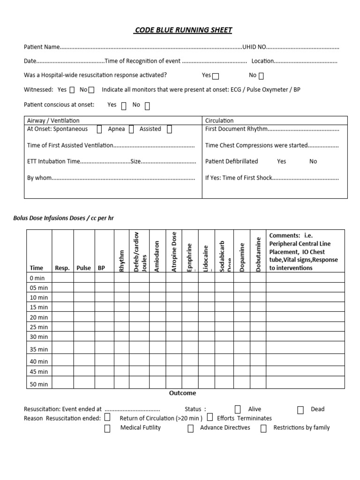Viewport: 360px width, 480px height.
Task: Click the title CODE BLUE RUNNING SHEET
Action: pyautogui.click(x=183, y=30)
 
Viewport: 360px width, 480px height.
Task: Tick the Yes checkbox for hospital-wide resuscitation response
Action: pyautogui.click(x=216, y=76)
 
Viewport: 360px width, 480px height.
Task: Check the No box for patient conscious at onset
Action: pyautogui.click(x=147, y=106)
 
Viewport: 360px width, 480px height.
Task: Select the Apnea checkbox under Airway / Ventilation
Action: pyautogui.click(x=131, y=129)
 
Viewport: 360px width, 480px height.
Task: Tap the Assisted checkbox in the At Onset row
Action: pyautogui.click(x=169, y=129)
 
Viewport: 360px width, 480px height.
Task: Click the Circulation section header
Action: pyautogui.click(x=219, y=120)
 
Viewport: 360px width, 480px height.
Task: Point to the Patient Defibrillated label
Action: pyautogui.click(x=232, y=161)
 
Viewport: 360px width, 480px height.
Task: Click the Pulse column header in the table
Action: pyautogui.click(x=83, y=268)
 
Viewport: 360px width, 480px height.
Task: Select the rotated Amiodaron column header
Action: pyautogui.click(x=157, y=256)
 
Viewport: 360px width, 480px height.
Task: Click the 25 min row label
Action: pyautogui.click(x=39, y=327)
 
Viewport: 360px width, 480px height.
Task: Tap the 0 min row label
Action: pyautogui.click(x=37, y=278)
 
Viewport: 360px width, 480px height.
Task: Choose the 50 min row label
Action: pyautogui.click(x=39, y=384)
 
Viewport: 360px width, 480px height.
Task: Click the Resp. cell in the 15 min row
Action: pyautogui.click(x=62, y=307)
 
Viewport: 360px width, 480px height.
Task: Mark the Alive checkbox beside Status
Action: pyautogui.click(x=238, y=409)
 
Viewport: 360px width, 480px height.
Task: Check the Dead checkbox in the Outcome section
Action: pyautogui.click(x=300, y=410)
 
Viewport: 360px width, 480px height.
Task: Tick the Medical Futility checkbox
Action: pyautogui.click(x=107, y=428)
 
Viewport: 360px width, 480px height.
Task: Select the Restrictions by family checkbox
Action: pyautogui.click(x=263, y=428)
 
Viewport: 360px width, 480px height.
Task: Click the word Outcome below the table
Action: pyautogui.click(x=183, y=393)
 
